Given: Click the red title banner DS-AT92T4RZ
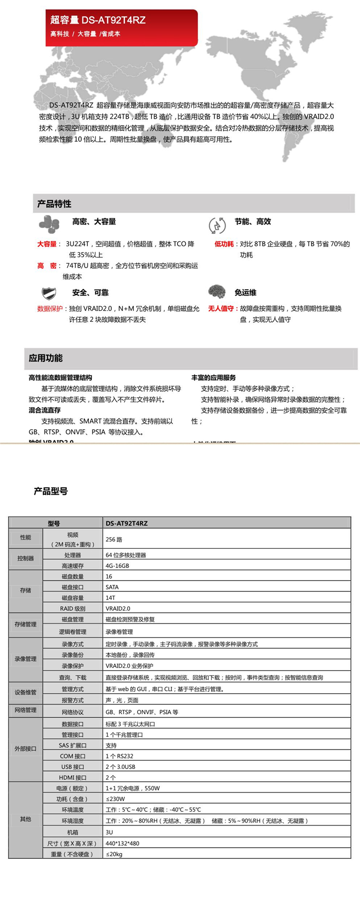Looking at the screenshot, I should click(x=121, y=27).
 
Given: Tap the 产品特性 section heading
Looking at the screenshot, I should click(x=54, y=204).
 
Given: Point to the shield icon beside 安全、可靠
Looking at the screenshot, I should click(x=49, y=293).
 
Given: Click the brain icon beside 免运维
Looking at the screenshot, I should click(x=217, y=291).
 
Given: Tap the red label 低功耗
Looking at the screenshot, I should click(x=224, y=244).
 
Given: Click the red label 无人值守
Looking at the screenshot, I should click(x=221, y=308).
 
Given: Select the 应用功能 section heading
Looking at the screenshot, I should click(x=46, y=358).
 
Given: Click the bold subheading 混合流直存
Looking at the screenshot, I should click(x=45, y=410).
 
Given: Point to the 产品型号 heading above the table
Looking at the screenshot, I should click(x=51, y=491).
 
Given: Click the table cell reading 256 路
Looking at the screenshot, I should click(x=114, y=540).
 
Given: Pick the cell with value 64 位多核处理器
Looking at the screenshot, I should click(x=126, y=555).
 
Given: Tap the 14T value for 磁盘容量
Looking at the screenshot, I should click(x=110, y=598).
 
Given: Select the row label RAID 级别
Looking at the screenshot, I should click(x=72, y=608).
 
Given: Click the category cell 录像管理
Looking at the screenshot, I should click(x=25, y=659).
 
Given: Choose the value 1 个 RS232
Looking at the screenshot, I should click(x=120, y=756).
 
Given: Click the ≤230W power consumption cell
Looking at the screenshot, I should click(x=115, y=799).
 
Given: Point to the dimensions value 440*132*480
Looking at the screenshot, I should click(x=122, y=843).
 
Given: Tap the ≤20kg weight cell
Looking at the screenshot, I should click(x=114, y=854).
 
